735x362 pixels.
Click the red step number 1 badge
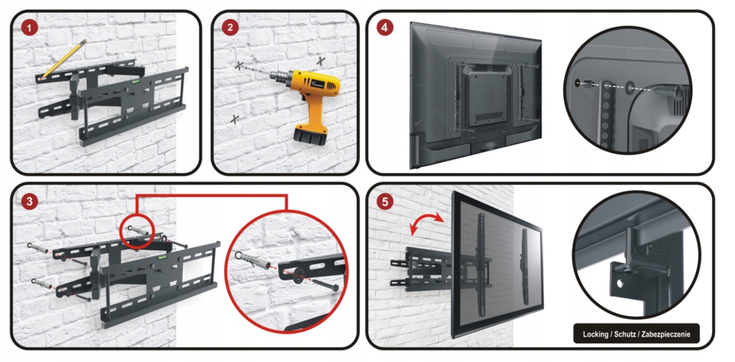point(29,27)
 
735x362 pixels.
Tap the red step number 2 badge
point(229,27)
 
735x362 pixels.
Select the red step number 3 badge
point(29,202)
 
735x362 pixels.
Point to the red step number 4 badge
point(384,27)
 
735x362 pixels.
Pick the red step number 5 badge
point(384,202)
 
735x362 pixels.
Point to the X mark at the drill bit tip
point(239,65)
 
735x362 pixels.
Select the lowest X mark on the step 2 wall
point(235,120)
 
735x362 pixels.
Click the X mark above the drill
point(321,61)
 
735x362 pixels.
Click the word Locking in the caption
point(595,335)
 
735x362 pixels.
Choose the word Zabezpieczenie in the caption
point(667,335)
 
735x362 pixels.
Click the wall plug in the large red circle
point(254,260)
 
